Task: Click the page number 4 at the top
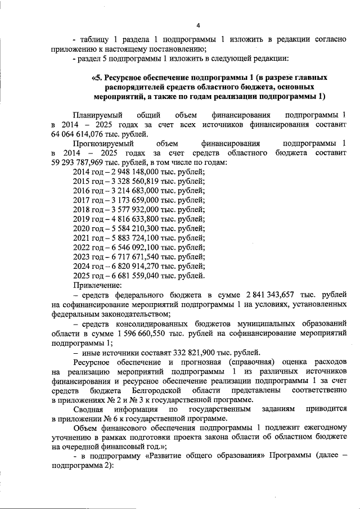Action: (198, 24)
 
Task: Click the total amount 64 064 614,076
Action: (77, 134)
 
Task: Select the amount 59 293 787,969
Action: (77, 162)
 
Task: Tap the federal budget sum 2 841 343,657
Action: (272, 295)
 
